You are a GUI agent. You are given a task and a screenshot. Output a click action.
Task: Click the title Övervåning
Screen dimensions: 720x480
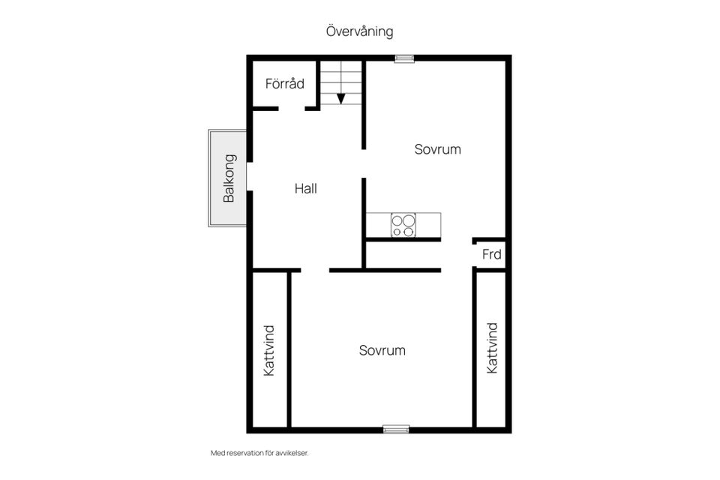(359, 31)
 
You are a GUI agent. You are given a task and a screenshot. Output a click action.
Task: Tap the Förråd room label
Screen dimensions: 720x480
(285, 83)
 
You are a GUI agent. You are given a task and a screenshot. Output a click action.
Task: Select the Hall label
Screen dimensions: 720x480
(306, 188)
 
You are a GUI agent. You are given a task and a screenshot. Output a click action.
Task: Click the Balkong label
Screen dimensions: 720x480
(229, 178)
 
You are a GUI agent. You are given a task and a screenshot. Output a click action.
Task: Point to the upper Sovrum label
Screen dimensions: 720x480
(437, 149)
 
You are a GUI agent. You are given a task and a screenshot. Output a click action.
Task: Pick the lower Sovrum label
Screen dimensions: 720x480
(382, 350)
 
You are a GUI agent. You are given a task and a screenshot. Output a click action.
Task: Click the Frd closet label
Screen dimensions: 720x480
(491, 254)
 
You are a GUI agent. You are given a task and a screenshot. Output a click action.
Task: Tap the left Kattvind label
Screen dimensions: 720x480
(269, 351)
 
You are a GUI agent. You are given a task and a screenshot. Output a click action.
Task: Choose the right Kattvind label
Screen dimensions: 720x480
(492, 348)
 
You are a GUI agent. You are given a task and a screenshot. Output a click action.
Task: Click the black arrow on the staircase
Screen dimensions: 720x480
(340, 99)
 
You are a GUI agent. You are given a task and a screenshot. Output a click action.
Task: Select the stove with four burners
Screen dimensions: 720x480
(403, 225)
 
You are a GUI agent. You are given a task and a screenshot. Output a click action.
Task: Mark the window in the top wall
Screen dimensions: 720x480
(404, 58)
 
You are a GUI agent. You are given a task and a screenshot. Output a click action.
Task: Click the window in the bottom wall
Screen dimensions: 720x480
(396, 430)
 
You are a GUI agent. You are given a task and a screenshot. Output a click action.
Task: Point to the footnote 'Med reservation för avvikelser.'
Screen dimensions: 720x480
(259, 453)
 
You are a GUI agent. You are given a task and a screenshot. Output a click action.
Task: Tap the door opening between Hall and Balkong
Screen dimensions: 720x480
(250, 176)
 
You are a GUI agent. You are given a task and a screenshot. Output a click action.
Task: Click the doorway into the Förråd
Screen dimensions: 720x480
(292, 109)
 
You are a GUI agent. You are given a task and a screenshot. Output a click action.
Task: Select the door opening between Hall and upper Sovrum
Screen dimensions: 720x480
(364, 163)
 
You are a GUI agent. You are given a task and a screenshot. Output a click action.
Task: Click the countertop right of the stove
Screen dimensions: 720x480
(428, 225)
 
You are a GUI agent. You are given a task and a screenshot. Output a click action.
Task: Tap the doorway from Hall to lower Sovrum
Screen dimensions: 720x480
(315, 270)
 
